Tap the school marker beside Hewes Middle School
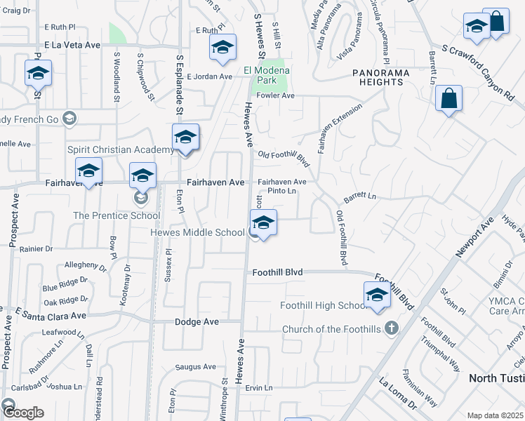point(263,225)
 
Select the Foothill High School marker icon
point(377,295)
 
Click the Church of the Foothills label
point(332,329)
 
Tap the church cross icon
point(392,328)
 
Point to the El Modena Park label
point(267,70)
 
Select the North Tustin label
point(496,378)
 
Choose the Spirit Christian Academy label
point(120,149)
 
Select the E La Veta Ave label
point(72,44)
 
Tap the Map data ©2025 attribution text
point(496,415)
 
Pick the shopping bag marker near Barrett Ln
point(449,100)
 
